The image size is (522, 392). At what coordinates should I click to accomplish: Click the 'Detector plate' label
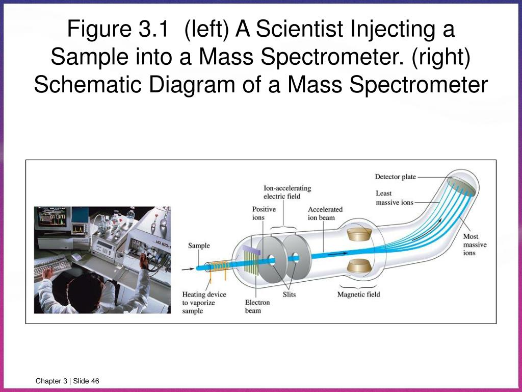pyautogui.click(x=395, y=177)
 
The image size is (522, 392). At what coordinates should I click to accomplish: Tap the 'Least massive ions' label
pyautogui.click(x=394, y=198)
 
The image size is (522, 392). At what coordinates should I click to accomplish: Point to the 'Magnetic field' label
pyautogui.click(x=358, y=295)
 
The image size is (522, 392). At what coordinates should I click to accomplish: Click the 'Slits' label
pyautogui.click(x=289, y=295)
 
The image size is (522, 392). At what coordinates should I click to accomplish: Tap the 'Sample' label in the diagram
pyautogui.click(x=199, y=246)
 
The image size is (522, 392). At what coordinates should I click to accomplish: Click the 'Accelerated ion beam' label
pyautogui.click(x=325, y=213)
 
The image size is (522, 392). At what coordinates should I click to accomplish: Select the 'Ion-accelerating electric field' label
pyautogui.click(x=287, y=192)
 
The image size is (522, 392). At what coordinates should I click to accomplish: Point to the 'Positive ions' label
pyautogui.click(x=264, y=213)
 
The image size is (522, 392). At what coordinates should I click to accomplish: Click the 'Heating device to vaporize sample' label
pyautogui.click(x=204, y=302)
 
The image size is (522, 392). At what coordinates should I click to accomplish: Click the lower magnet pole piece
pyautogui.click(x=360, y=266)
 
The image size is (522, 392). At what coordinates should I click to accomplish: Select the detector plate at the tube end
pyautogui.click(x=461, y=186)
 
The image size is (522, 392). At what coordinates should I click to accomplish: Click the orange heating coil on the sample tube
pyautogui.click(x=219, y=267)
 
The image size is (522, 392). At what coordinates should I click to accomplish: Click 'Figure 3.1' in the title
pyautogui.click(x=118, y=29)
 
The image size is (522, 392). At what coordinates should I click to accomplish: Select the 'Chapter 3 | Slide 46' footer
pyautogui.click(x=67, y=382)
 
